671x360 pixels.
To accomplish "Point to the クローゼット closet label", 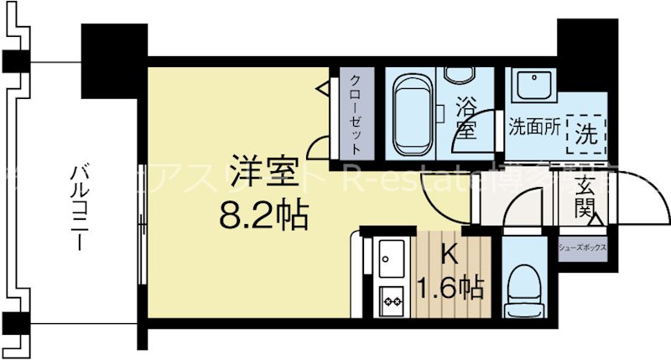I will coord(356,112).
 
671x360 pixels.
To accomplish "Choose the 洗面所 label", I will coord(534,130).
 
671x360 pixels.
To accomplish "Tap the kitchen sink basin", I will coord(391,258).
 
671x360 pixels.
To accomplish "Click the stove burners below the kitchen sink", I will coord(391,298).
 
